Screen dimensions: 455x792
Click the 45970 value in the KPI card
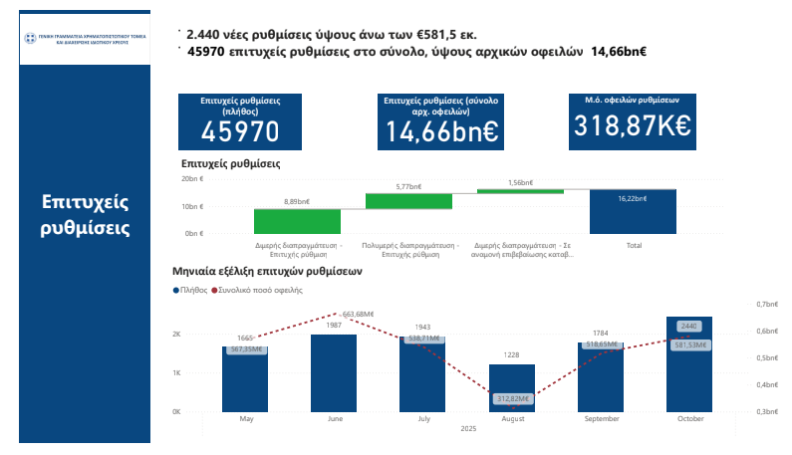tap(240, 131)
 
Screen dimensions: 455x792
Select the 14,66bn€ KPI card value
tap(441, 131)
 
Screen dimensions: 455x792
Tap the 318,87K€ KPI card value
tap(634, 125)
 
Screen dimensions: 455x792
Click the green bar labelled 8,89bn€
tap(297, 221)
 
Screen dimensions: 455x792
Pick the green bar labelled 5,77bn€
tap(408, 200)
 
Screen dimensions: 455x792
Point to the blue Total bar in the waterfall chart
tap(633, 211)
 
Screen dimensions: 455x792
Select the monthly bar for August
tap(511, 387)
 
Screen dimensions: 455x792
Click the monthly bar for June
tap(334, 372)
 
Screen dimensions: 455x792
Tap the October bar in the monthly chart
tap(689, 363)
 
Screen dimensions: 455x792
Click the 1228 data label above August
tap(511, 355)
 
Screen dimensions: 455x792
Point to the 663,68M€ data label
tap(357, 314)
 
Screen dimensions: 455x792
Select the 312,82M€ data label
tap(511, 398)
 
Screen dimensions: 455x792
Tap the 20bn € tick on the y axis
tap(192, 179)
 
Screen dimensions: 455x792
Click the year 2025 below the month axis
tap(467, 429)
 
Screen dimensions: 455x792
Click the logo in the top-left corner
tap(84, 41)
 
